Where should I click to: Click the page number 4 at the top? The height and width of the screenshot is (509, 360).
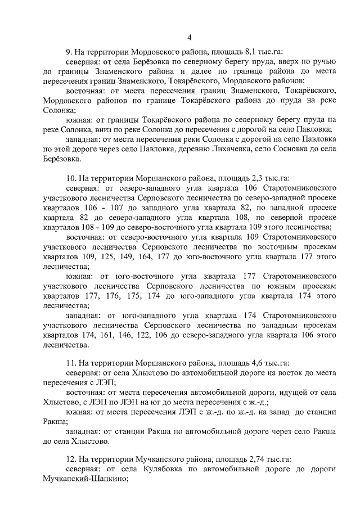coord(189,38)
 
